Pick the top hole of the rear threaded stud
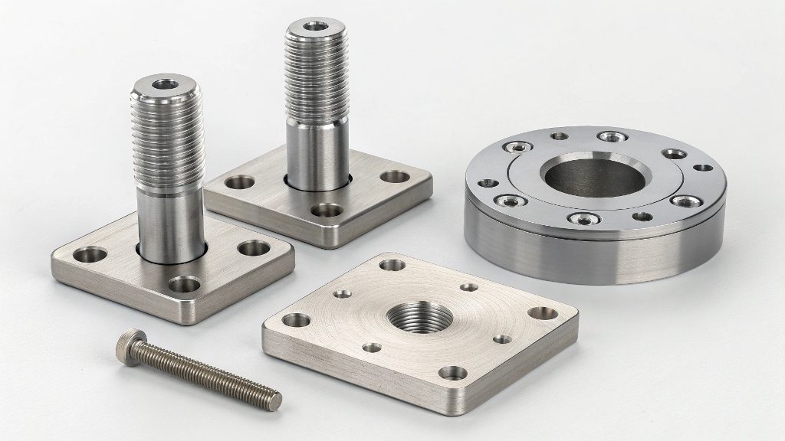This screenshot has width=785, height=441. pyautogui.click(x=314, y=27)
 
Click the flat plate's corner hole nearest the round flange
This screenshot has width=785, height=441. pyautogui.click(x=544, y=312)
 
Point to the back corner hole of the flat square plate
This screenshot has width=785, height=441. pyautogui.click(x=392, y=265)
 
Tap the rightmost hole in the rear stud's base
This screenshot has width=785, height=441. pyautogui.click(x=396, y=177)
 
